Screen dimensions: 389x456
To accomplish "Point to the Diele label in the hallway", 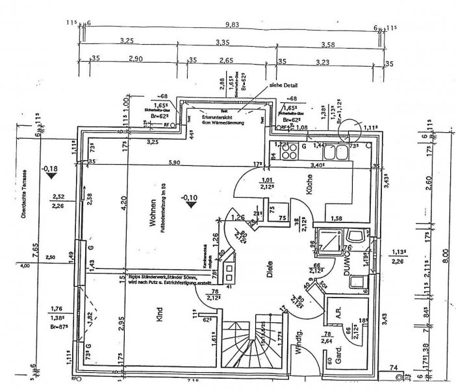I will (x=268, y=273).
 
